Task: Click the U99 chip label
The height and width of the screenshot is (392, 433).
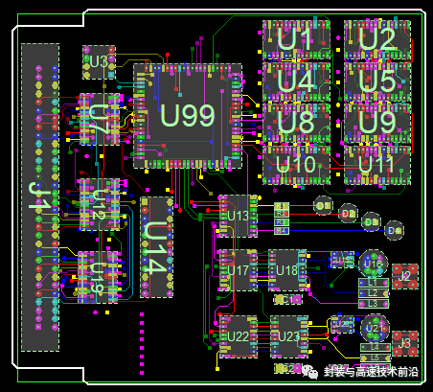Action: tap(188, 115)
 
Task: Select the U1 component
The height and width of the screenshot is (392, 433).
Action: tap(295, 39)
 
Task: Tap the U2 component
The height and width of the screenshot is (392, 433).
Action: tap(376, 39)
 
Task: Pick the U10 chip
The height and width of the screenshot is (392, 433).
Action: tap(296, 165)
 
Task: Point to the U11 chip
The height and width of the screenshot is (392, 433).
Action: tap(376, 165)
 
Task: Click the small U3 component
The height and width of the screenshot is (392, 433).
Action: tap(98, 61)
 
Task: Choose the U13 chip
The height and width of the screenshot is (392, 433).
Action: tap(237, 216)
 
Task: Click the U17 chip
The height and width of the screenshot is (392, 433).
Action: tap(237, 271)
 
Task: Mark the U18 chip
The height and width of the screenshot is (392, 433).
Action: tap(286, 271)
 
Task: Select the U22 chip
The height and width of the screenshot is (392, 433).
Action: tap(237, 336)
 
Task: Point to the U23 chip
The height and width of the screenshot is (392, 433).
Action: tap(286, 336)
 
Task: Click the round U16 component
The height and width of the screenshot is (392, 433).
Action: tap(374, 264)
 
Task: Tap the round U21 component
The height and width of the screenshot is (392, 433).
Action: tap(374, 328)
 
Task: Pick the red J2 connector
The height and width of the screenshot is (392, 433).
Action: tap(404, 276)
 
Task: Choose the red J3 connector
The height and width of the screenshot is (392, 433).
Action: tap(404, 341)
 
